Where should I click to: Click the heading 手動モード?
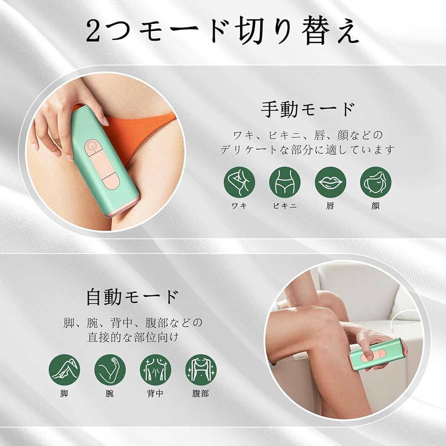tap(308, 109)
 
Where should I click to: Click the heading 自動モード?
tap(132, 297)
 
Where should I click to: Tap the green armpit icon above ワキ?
tap(239, 182)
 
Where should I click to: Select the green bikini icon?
tap(285, 182)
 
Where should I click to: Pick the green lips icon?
tap(330, 182)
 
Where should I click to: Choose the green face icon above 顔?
tap(376, 182)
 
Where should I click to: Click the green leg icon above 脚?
tap(64, 370)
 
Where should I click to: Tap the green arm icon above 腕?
tap(110, 370)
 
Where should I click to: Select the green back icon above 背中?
tap(155, 370)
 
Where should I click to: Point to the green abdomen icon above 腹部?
tap(201, 370)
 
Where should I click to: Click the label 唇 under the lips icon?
tap(330, 206)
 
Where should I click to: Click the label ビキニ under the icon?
tap(285, 206)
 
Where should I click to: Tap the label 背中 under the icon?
tap(155, 393)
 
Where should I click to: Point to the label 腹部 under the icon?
tap(201, 393)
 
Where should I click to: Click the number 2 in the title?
tap(95, 32)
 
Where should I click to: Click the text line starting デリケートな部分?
tap(308, 149)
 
